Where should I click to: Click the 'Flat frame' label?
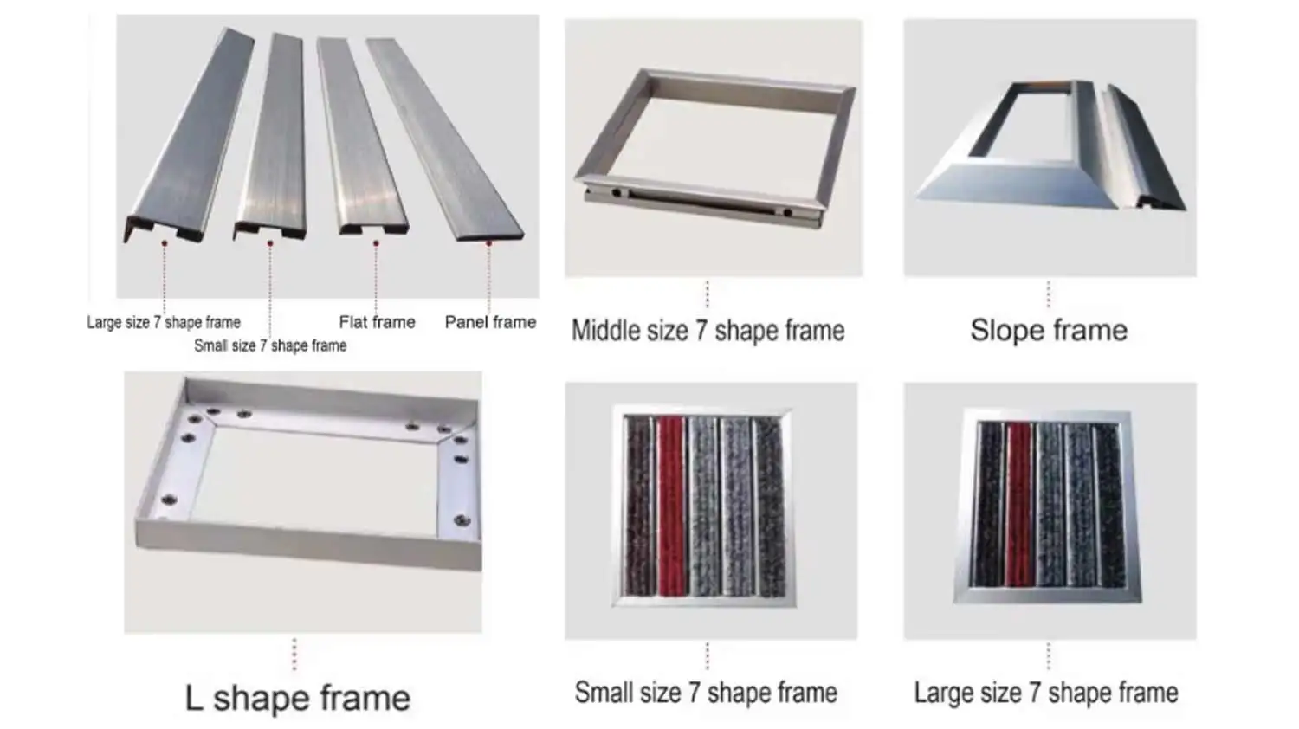click(377, 322)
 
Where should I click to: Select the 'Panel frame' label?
click(490, 322)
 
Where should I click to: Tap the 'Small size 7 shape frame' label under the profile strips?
click(270, 345)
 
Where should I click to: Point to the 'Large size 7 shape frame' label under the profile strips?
click(164, 322)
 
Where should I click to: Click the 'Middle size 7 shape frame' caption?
click(708, 331)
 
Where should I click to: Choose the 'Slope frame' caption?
click(1049, 330)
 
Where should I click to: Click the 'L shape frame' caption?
click(298, 698)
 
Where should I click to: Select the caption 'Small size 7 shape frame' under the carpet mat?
click(706, 693)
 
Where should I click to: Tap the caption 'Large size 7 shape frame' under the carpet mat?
click(1046, 693)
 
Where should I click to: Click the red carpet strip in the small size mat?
click(671, 506)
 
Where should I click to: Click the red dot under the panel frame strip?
click(489, 243)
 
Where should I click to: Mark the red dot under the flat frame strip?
click(376, 243)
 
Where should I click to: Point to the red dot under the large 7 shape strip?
click(165, 243)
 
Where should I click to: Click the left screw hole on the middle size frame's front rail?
click(616, 193)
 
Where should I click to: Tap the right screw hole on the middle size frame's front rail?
click(787, 212)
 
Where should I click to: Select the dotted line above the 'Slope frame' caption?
click(1049, 294)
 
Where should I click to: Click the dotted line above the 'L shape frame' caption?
click(294, 654)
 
